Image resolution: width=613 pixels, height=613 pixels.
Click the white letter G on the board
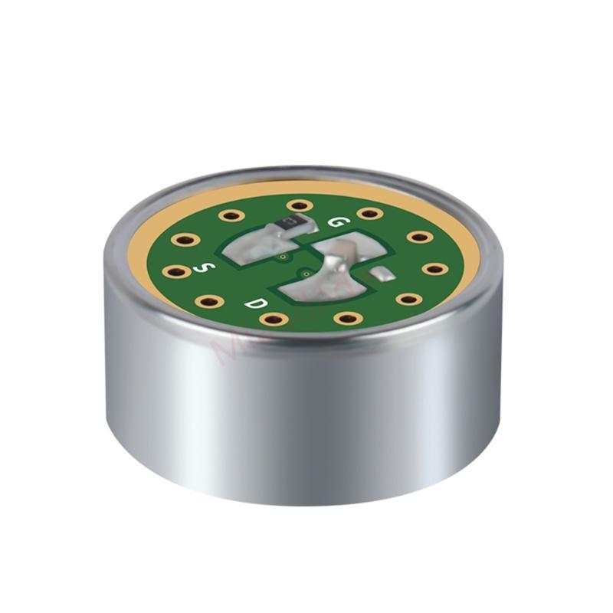click(335, 221)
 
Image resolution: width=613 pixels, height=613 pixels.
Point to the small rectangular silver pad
click(382, 274)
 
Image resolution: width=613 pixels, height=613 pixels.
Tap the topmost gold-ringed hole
click(299, 205)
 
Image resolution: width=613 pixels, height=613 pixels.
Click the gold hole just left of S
click(178, 270)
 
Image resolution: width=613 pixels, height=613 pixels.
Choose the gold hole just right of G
click(369, 213)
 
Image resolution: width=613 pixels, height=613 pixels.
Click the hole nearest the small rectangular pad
click(409, 299)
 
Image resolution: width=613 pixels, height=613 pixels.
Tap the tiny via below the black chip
click(283, 257)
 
